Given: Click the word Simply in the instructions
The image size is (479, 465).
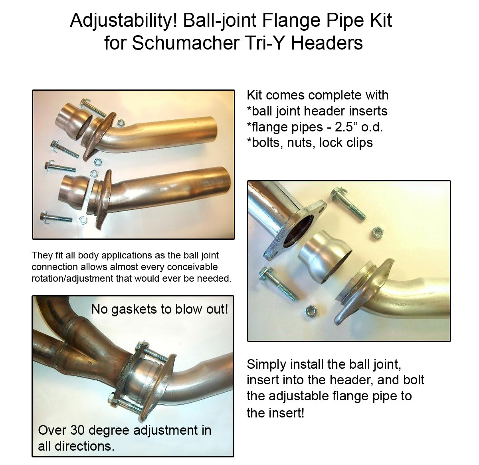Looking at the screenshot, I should pos(266,364).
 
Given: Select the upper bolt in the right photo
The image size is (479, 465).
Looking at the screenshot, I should pos(348,204).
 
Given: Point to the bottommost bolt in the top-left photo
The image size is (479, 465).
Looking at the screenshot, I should pos(56,217).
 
